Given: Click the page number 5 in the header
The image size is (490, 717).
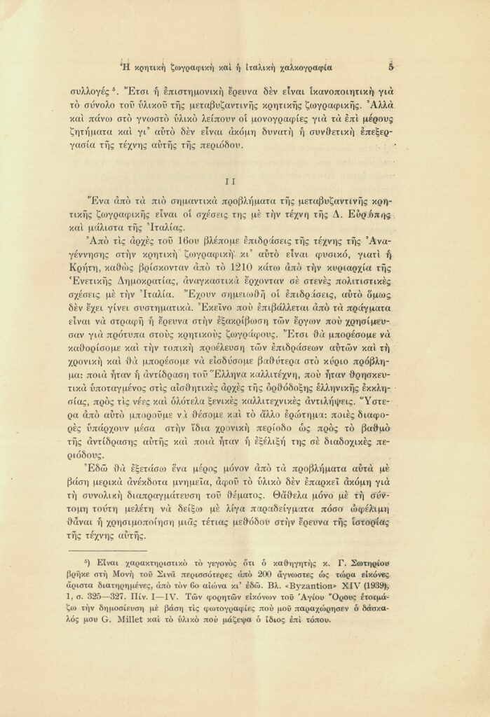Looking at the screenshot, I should tap(391, 67).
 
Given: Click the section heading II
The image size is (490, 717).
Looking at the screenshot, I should tap(236, 180).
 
